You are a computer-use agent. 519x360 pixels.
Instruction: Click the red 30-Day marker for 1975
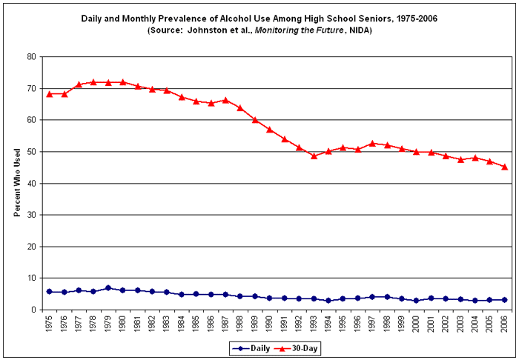click(x=49, y=94)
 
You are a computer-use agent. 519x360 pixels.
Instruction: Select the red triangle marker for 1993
click(x=314, y=156)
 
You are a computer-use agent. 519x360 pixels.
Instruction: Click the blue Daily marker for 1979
click(x=108, y=288)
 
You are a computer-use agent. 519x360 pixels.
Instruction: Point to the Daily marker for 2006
click(x=504, y=300)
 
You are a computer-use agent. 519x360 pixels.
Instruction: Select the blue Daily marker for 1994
click(x=328, y=301)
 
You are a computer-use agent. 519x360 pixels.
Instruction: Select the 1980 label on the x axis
click(x=123, y=324)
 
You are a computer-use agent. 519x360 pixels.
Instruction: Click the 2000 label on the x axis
click(x=417, y=324)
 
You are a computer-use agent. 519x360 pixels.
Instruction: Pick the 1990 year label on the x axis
click(x=270, y=324)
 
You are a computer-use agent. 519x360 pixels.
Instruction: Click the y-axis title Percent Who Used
click(x=16, y=183)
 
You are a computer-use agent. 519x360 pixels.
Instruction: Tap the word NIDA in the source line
click(x=358, y=30)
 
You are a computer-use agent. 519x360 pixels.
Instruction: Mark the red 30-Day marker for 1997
click(x=372, y=143)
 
